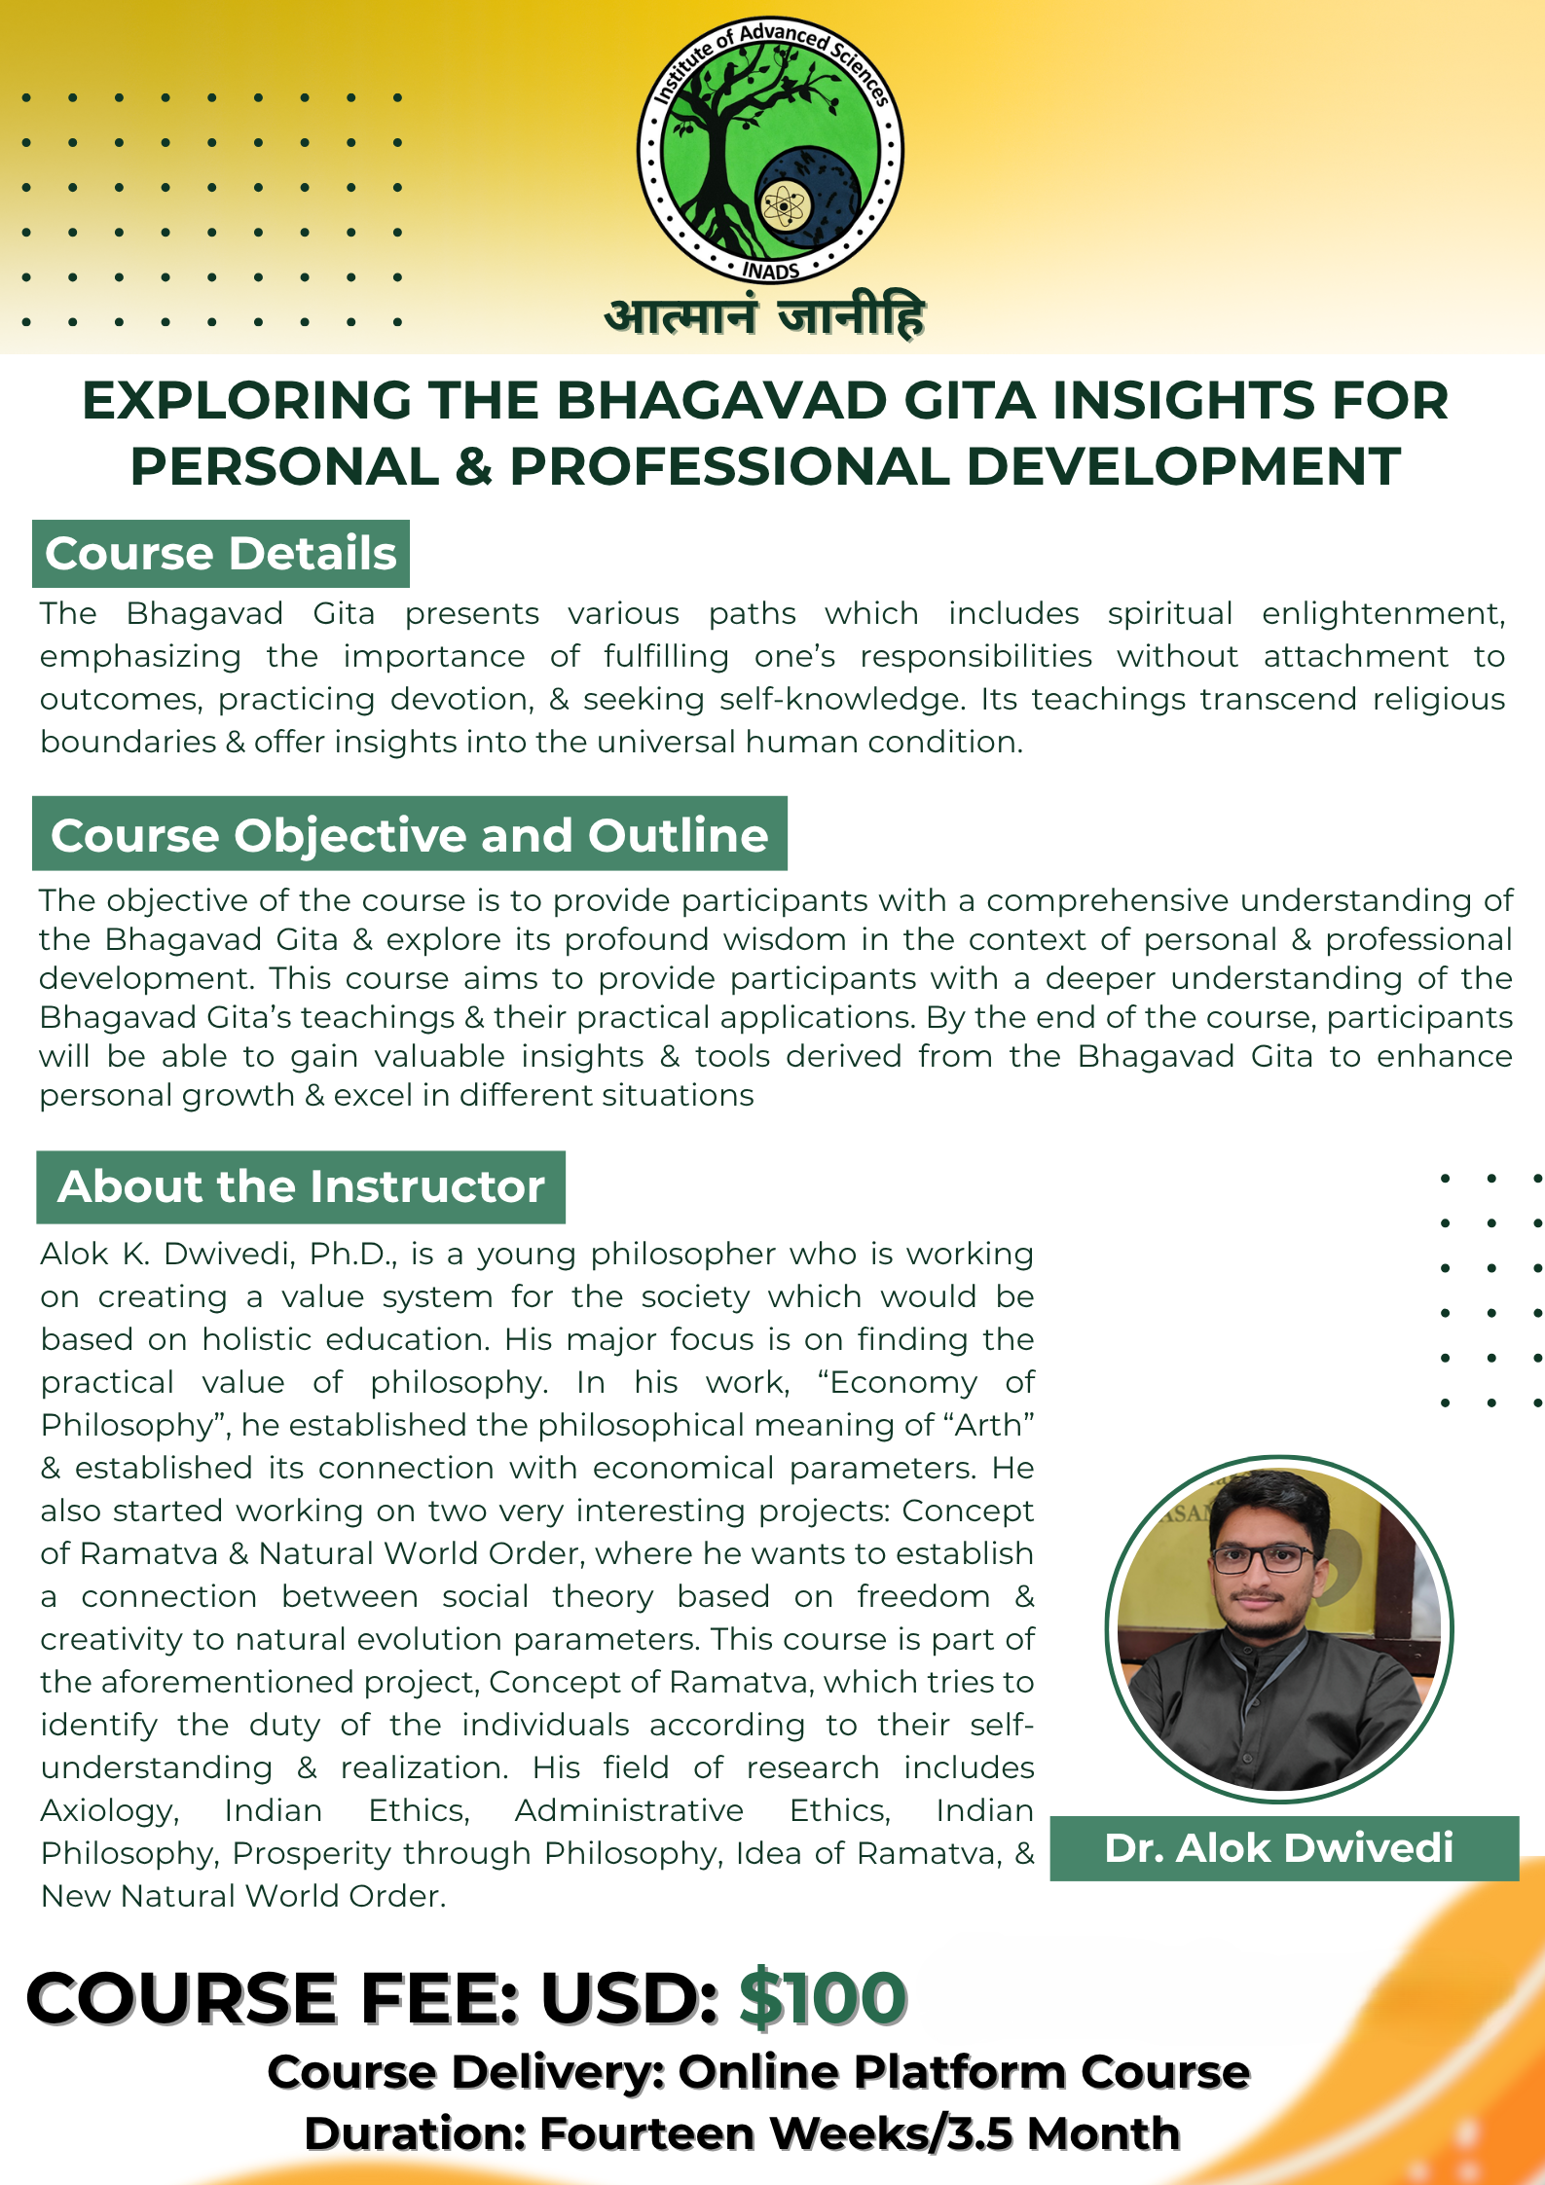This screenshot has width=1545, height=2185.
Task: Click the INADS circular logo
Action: tap(770, 151)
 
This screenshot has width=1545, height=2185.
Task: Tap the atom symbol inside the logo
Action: tap(784, 205)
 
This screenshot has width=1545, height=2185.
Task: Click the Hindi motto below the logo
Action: tap(764, 317)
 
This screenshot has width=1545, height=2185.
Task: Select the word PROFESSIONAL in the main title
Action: tap(729, 466)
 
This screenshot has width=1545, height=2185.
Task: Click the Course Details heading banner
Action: tap(221, 554)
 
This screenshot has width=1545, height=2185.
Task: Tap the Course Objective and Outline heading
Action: tap(409, 835)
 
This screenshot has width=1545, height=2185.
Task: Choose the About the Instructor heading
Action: tap(301, 1186)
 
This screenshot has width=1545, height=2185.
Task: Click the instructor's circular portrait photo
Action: tap(1278, 1627)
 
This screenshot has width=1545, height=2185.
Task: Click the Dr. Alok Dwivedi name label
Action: tap(1279, 1847)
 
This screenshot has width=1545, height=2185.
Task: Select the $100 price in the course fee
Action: tap(823, 1998)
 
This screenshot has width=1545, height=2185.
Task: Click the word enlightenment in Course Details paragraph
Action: tap(1382, 614)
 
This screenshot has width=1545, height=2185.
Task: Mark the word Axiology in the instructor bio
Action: tap(110, 1810)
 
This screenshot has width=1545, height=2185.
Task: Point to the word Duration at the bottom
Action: tap(415, 2133)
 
